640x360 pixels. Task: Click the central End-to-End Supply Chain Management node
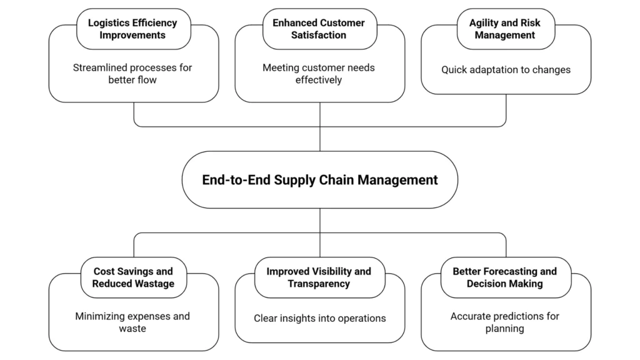(x=319, y=180)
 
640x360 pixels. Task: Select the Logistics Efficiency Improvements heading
(x=132, y=29)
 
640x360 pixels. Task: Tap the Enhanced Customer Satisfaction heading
(x=318, y=29)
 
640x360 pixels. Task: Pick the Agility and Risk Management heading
(x=504, y=29)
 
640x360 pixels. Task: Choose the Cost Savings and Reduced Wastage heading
(x=133, y=277)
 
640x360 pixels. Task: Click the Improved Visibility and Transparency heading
(x=318, y=277)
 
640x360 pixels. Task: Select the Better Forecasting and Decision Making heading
(x=504, y=277)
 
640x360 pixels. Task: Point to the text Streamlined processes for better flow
(x=132, y=74)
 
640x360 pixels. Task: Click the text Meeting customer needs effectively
(x=318, y=74)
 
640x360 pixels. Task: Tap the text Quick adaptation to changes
(x=506, y=70)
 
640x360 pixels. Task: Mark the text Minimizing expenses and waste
(x=132, y=322)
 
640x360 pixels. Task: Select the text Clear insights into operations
(x=319, y=318)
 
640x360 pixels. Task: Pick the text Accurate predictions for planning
(x=504, y=322)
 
